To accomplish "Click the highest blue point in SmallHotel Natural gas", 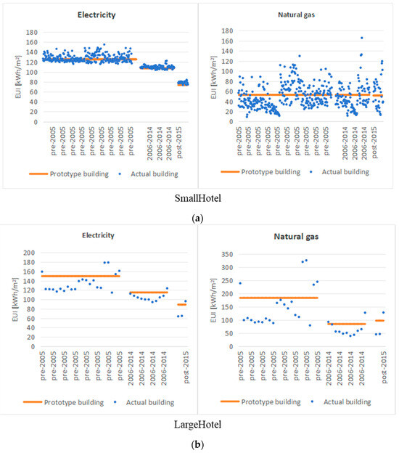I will [361, 38].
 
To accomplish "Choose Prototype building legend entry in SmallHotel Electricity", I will [67, 172].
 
